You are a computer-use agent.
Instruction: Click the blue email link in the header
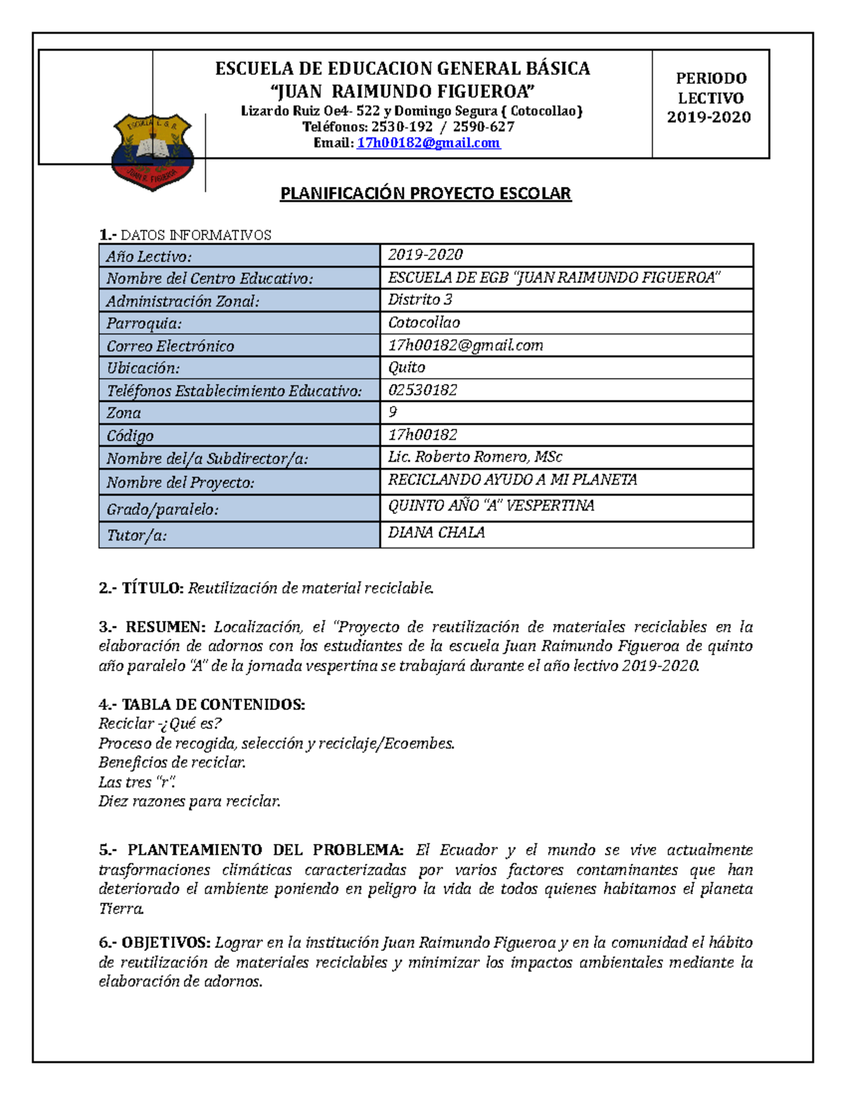click(428, 143)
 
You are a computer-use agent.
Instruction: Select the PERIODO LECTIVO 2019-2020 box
click(710, 99)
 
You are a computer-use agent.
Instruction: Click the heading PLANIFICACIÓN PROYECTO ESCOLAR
click(425, 194)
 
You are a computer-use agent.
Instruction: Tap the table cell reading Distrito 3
click(420, 300)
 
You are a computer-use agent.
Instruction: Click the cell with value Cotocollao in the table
click(424, 323)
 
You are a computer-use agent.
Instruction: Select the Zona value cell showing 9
click(393, 412)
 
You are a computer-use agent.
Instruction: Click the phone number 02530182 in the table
click(422, 390)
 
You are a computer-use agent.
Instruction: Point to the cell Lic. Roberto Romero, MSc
click(475, 457)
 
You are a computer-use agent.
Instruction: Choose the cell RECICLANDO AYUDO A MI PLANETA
click(513, 480)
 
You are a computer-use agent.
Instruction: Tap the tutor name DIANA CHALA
click(436, 533)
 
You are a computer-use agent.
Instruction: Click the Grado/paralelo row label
click(162, 509)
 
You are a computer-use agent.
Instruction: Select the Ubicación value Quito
click(407, 367)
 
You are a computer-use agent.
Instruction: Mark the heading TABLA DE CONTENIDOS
click(213, 704)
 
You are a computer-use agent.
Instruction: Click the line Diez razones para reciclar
click(190, 802)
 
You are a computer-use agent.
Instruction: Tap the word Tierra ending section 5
click(121, 909)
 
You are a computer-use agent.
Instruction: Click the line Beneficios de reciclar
click(172, 763)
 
